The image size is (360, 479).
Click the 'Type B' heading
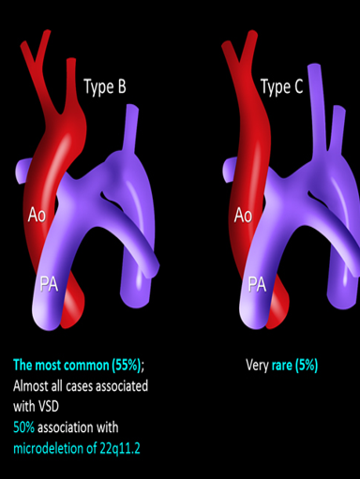pyautogui.click(x=105, y=88)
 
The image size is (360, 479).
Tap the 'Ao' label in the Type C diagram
pyautogui.click(x=243, y=216)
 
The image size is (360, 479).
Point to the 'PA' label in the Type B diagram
pyautogui.click(x=50, y=283)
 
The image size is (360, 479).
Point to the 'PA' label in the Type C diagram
pyautogui.click(x=257, y=282)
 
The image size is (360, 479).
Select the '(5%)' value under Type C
pyautogui.click(x=304, y=365)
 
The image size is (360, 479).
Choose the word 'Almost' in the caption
pyautogui.click(x=33, y=385)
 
